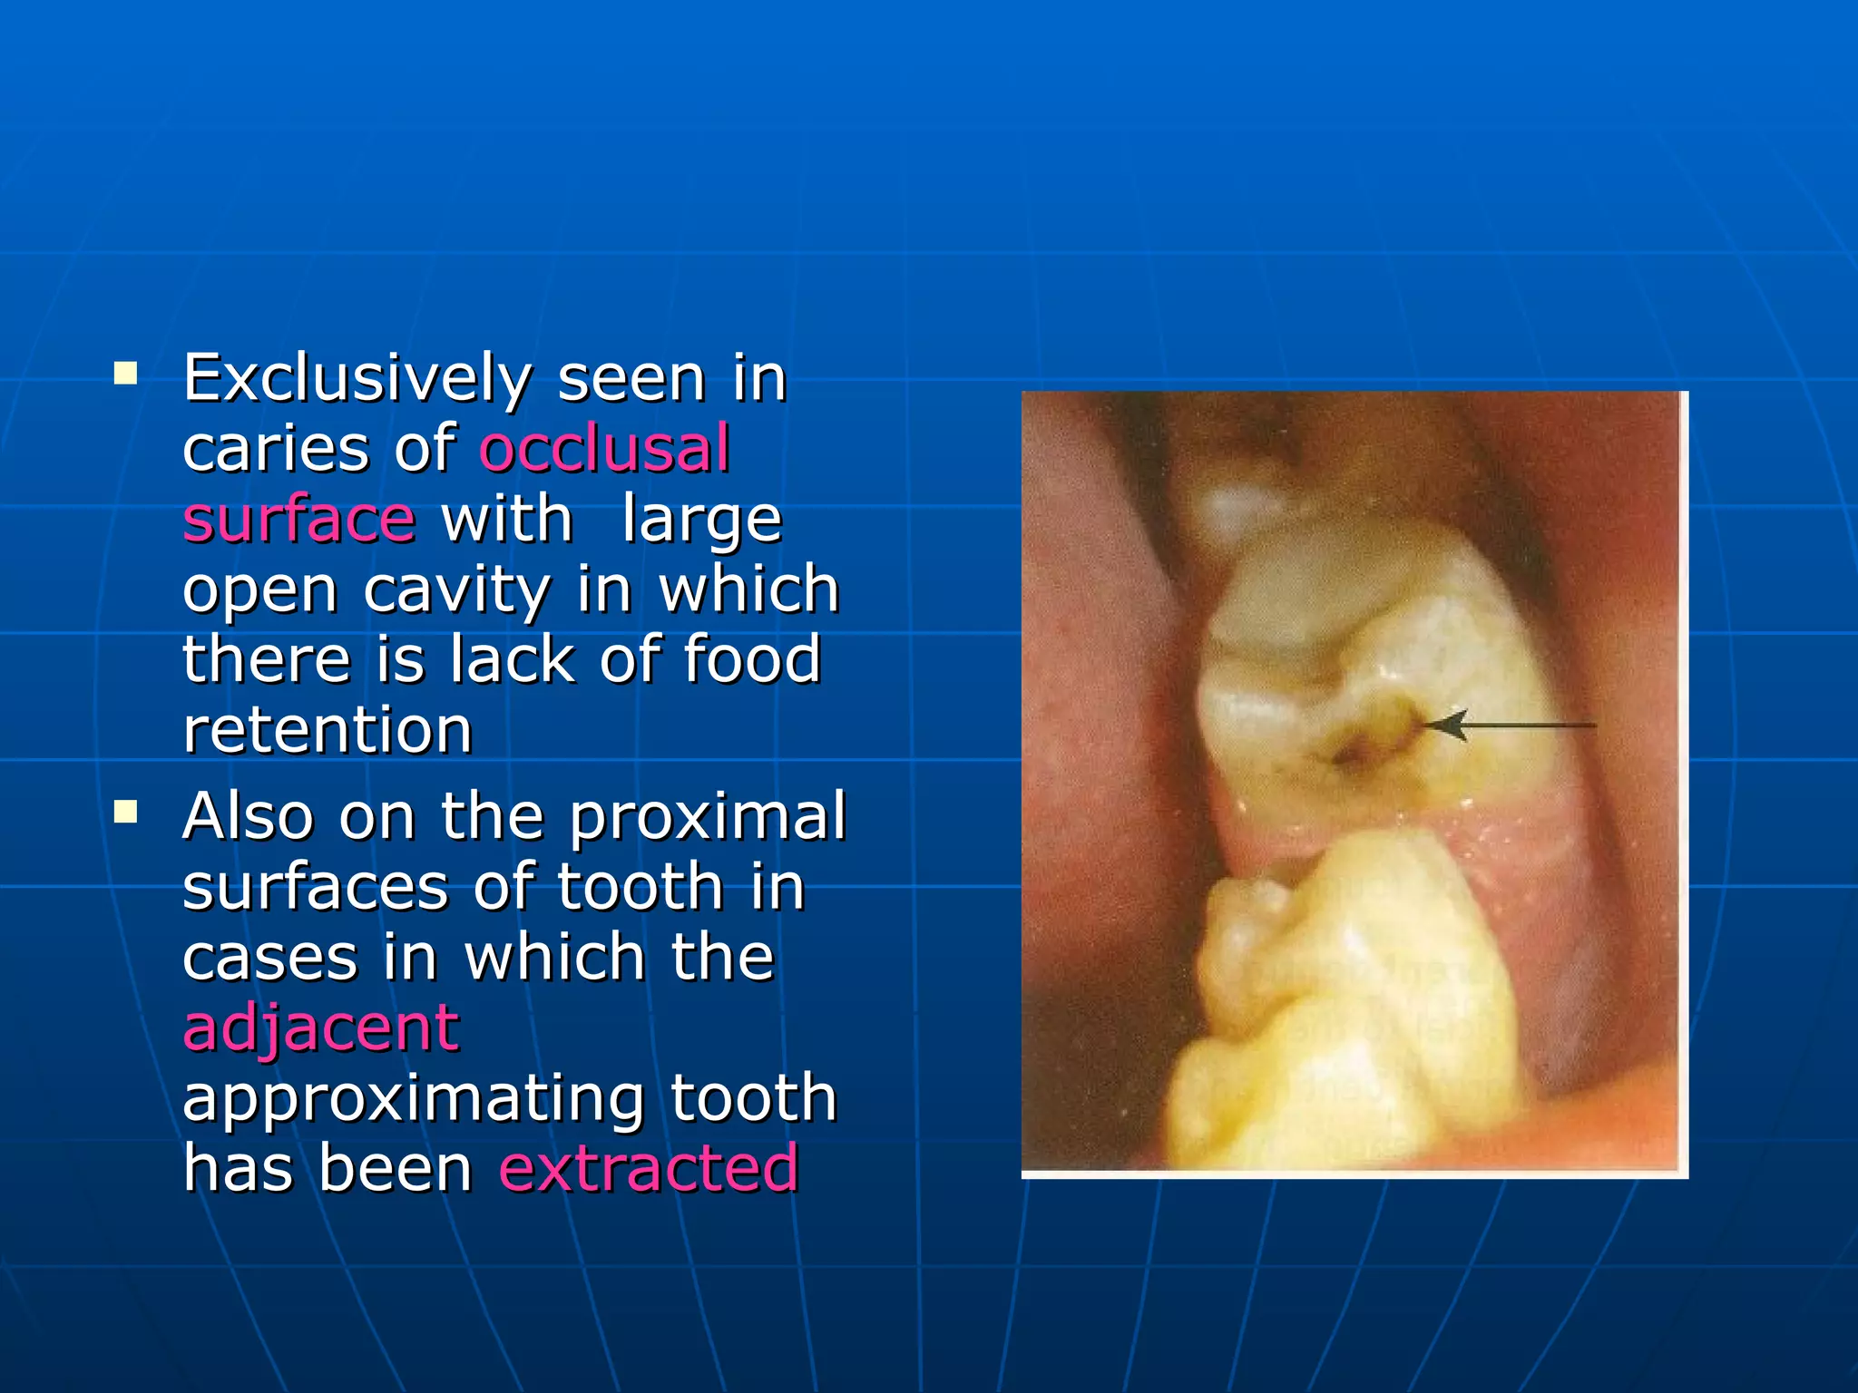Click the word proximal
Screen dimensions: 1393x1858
coord(708,816)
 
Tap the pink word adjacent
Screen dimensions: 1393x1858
coord(321,1028)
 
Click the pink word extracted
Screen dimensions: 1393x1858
coord(649,1168)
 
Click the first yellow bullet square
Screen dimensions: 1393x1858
coord(126,373)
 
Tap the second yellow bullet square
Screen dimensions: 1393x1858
coord(126,811)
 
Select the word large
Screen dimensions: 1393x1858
coord(701,521)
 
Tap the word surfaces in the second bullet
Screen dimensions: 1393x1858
coord(316,887)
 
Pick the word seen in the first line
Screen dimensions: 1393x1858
coord(631,379)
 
